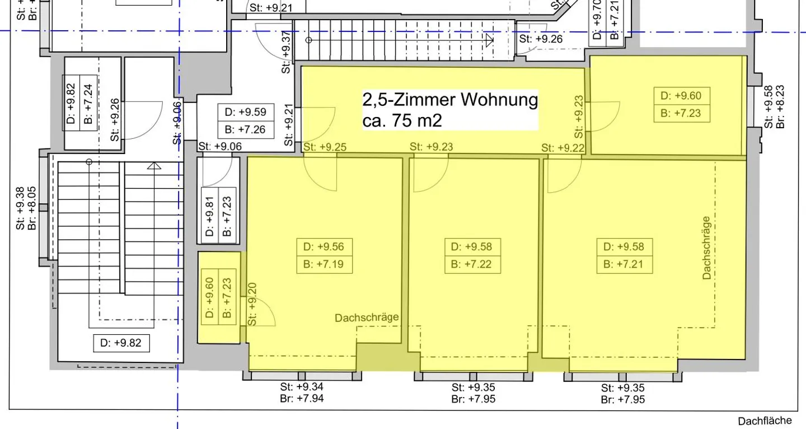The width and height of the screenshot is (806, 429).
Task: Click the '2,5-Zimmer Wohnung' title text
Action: pos(450,100)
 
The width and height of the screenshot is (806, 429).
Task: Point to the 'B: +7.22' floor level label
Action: pos(471,264)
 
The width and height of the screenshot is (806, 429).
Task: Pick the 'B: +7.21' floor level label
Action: pos(624,264)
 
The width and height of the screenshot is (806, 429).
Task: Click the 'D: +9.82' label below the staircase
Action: pos(121,343)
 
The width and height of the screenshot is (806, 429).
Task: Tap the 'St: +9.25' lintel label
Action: pos(325,147)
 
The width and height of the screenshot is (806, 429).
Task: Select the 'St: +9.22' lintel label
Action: pos(563,148)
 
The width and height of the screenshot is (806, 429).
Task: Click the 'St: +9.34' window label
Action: pos(302,387)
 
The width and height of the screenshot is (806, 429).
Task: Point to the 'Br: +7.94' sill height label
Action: pos(302,399)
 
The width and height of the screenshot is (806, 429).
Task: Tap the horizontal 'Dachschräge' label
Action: pos(367,318)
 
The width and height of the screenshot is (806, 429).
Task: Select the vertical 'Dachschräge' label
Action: pos(706,248)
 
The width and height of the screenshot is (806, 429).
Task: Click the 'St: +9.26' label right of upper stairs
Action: pos(541,39)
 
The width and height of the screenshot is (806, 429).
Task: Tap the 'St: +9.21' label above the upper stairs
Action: pos(271,8)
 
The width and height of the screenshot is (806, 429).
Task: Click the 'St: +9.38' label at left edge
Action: pos(20,208)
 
